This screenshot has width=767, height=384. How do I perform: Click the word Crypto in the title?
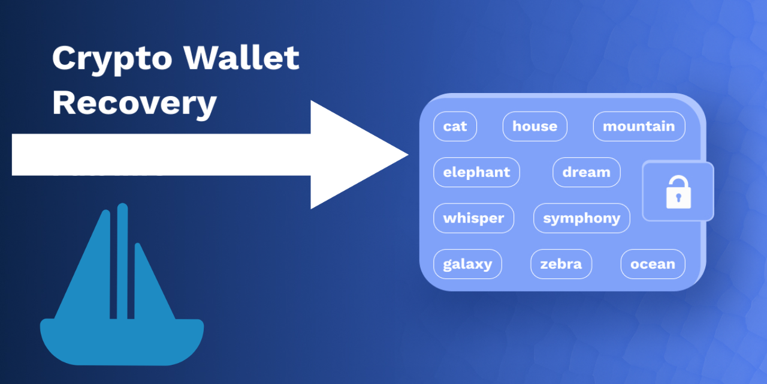112,59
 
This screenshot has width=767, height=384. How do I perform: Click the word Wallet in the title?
241,57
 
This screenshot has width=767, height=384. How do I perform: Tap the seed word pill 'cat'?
455,127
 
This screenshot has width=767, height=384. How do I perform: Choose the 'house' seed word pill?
535,127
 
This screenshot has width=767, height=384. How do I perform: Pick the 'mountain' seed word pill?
639,127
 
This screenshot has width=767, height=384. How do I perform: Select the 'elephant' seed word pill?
476,172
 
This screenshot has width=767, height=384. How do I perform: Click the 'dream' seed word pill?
587,172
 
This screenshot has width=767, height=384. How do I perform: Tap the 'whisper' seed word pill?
473,218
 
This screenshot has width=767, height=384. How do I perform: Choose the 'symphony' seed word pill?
582,218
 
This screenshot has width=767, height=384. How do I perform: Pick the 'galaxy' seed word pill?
468,264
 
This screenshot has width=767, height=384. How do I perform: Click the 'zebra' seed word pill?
561,264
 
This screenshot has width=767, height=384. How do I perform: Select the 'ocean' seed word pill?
653,264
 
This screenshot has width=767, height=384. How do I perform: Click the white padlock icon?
678,192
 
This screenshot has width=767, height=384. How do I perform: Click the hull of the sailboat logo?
122,341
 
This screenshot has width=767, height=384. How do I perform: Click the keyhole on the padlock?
678,197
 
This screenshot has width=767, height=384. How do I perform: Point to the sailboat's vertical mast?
122,261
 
